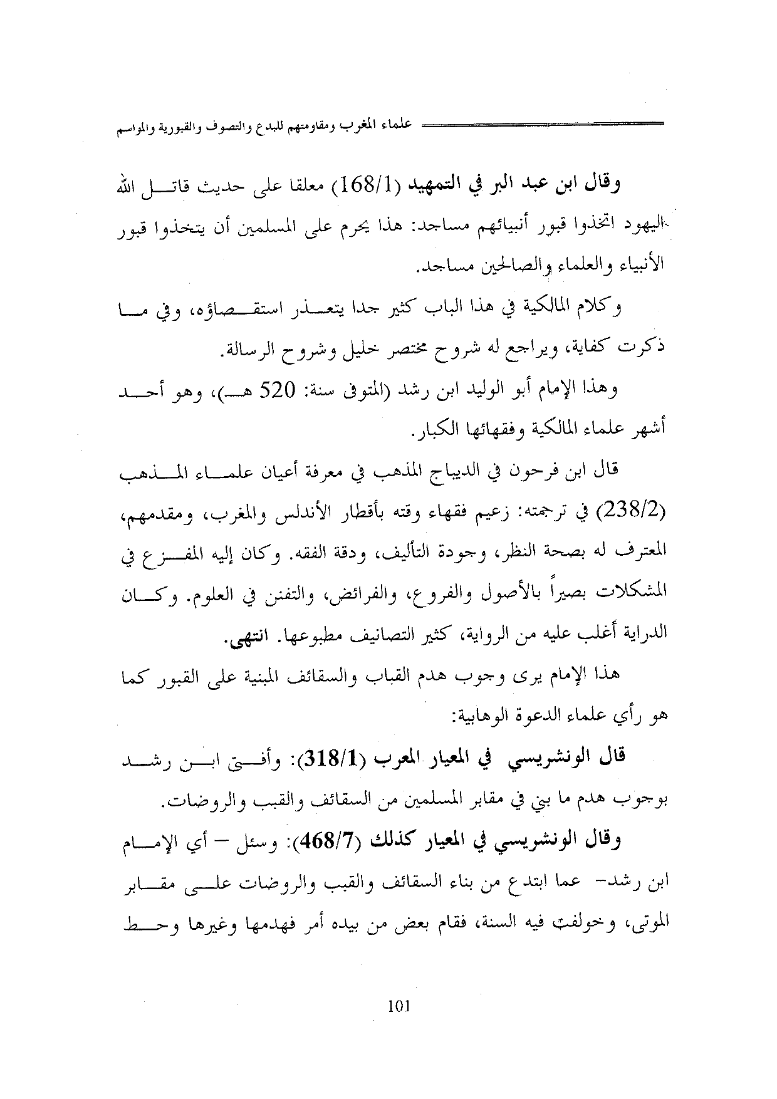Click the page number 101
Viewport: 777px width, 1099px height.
point(399,1007)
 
